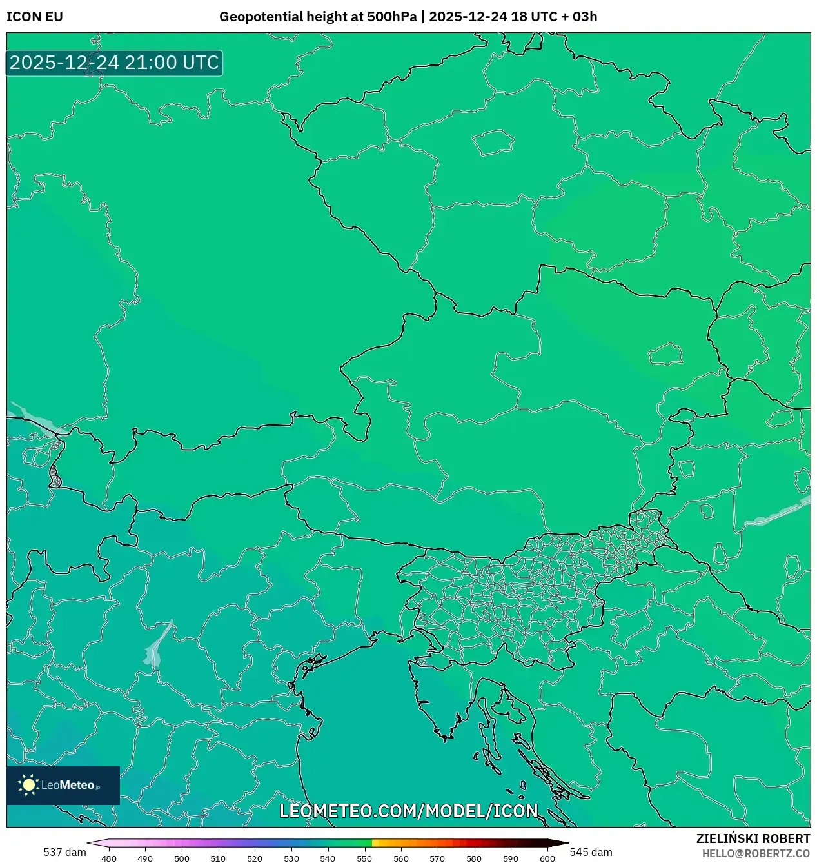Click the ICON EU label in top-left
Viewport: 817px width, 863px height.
[x=35, y=17]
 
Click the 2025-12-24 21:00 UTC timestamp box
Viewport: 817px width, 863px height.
[x=114, y=63]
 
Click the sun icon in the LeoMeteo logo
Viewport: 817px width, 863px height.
[x=28, y=785]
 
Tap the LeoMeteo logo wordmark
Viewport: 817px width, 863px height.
[x=68, y=785]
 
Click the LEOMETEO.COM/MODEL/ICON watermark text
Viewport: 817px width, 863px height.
[x=408, y=811]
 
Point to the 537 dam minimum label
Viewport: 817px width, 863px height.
[x=64, y=852]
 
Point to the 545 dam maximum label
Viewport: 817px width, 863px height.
[x=591, y=852]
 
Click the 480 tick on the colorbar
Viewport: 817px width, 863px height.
[x=109, y=858]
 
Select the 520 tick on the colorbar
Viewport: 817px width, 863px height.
[x=255, y=858]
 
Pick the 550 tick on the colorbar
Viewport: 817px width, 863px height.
[x=364, y=858]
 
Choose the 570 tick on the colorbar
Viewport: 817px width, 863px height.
[x=437, y=858]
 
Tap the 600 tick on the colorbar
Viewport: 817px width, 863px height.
[x=547, y=858]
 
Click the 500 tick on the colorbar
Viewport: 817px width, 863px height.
[x=182, y=858]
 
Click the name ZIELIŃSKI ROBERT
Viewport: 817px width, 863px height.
[x=753, y=838]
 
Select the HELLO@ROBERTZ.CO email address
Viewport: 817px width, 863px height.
[x=756, y=853]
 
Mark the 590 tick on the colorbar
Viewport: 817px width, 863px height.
[x=511, y=858]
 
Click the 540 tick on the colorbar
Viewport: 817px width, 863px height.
[x=328, y=858]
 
